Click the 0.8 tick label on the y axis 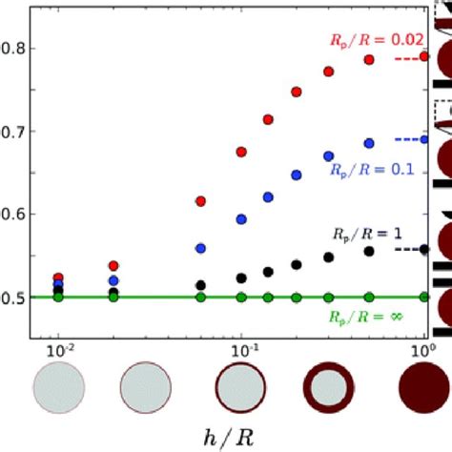coord(13,48)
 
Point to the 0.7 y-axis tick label coord(13,131)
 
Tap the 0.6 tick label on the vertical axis coord(13,214)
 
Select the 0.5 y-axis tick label coord(13,298)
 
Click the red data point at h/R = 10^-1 coord(241,152)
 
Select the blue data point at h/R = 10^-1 coord(241,218)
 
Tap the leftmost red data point coord(59,277)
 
